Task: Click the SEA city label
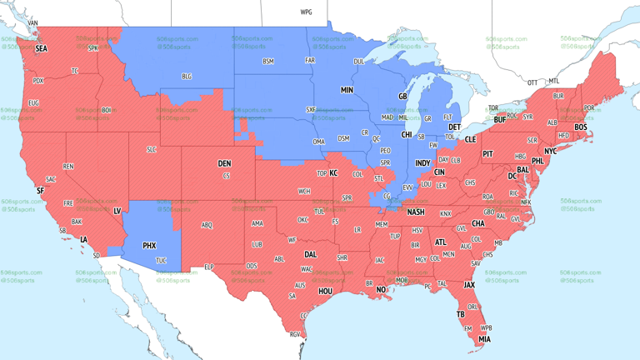click(41, 49)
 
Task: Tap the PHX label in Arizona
click(149, 246)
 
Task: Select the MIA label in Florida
click(484, 339)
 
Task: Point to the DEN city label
click(224, 163)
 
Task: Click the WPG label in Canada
click(306, 12)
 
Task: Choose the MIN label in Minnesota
click(347, 89)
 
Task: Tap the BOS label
click(581, 127)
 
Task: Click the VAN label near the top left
click(33, 22)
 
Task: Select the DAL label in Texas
click(311, 254)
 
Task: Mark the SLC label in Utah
click(151, 149)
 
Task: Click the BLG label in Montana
click(187, 77)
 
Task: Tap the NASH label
click(415, 212)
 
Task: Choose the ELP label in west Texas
click(209, 267)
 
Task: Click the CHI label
click(407, 134)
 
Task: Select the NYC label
click(550, 151)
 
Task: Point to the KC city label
click(333, 172)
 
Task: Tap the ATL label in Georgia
click(440, 242)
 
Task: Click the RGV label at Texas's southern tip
click(294, 334)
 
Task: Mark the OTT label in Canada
click(532, 82)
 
